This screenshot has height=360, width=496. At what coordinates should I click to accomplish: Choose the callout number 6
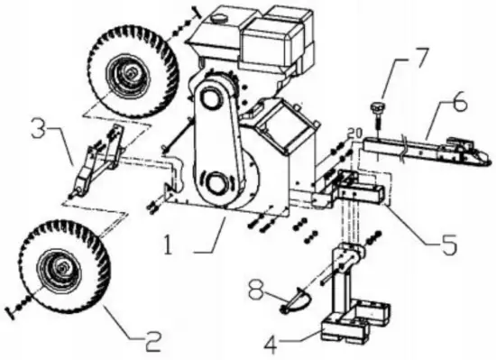pos(459,104)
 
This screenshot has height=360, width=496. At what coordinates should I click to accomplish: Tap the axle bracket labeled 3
pos(97,162)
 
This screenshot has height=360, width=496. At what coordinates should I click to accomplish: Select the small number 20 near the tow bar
pos(354,134)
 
